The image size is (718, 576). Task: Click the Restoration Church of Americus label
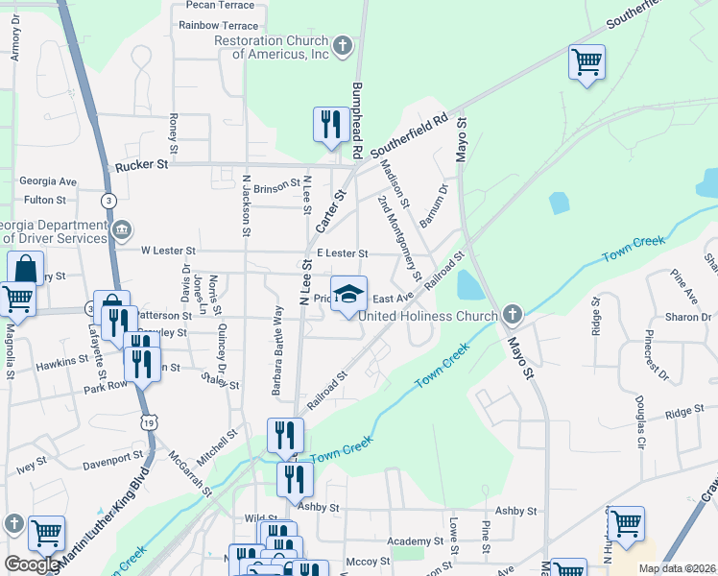click(x=273, y=47)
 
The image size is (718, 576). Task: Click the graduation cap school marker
click(x=348, y=293)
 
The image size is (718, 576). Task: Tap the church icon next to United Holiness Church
click(x=513, y=315)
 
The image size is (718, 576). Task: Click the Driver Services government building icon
click(x=123, y=230)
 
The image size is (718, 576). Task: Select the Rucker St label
click(x=141, y=165)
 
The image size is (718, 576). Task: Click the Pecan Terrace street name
click(x=218, y=5)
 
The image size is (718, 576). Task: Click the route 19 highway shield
click(x=148, y=421)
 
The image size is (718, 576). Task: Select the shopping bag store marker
click(x=26, y=269)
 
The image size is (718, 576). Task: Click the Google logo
click(x=32, y=564)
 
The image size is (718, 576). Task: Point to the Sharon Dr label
click(x=693, y=317)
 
